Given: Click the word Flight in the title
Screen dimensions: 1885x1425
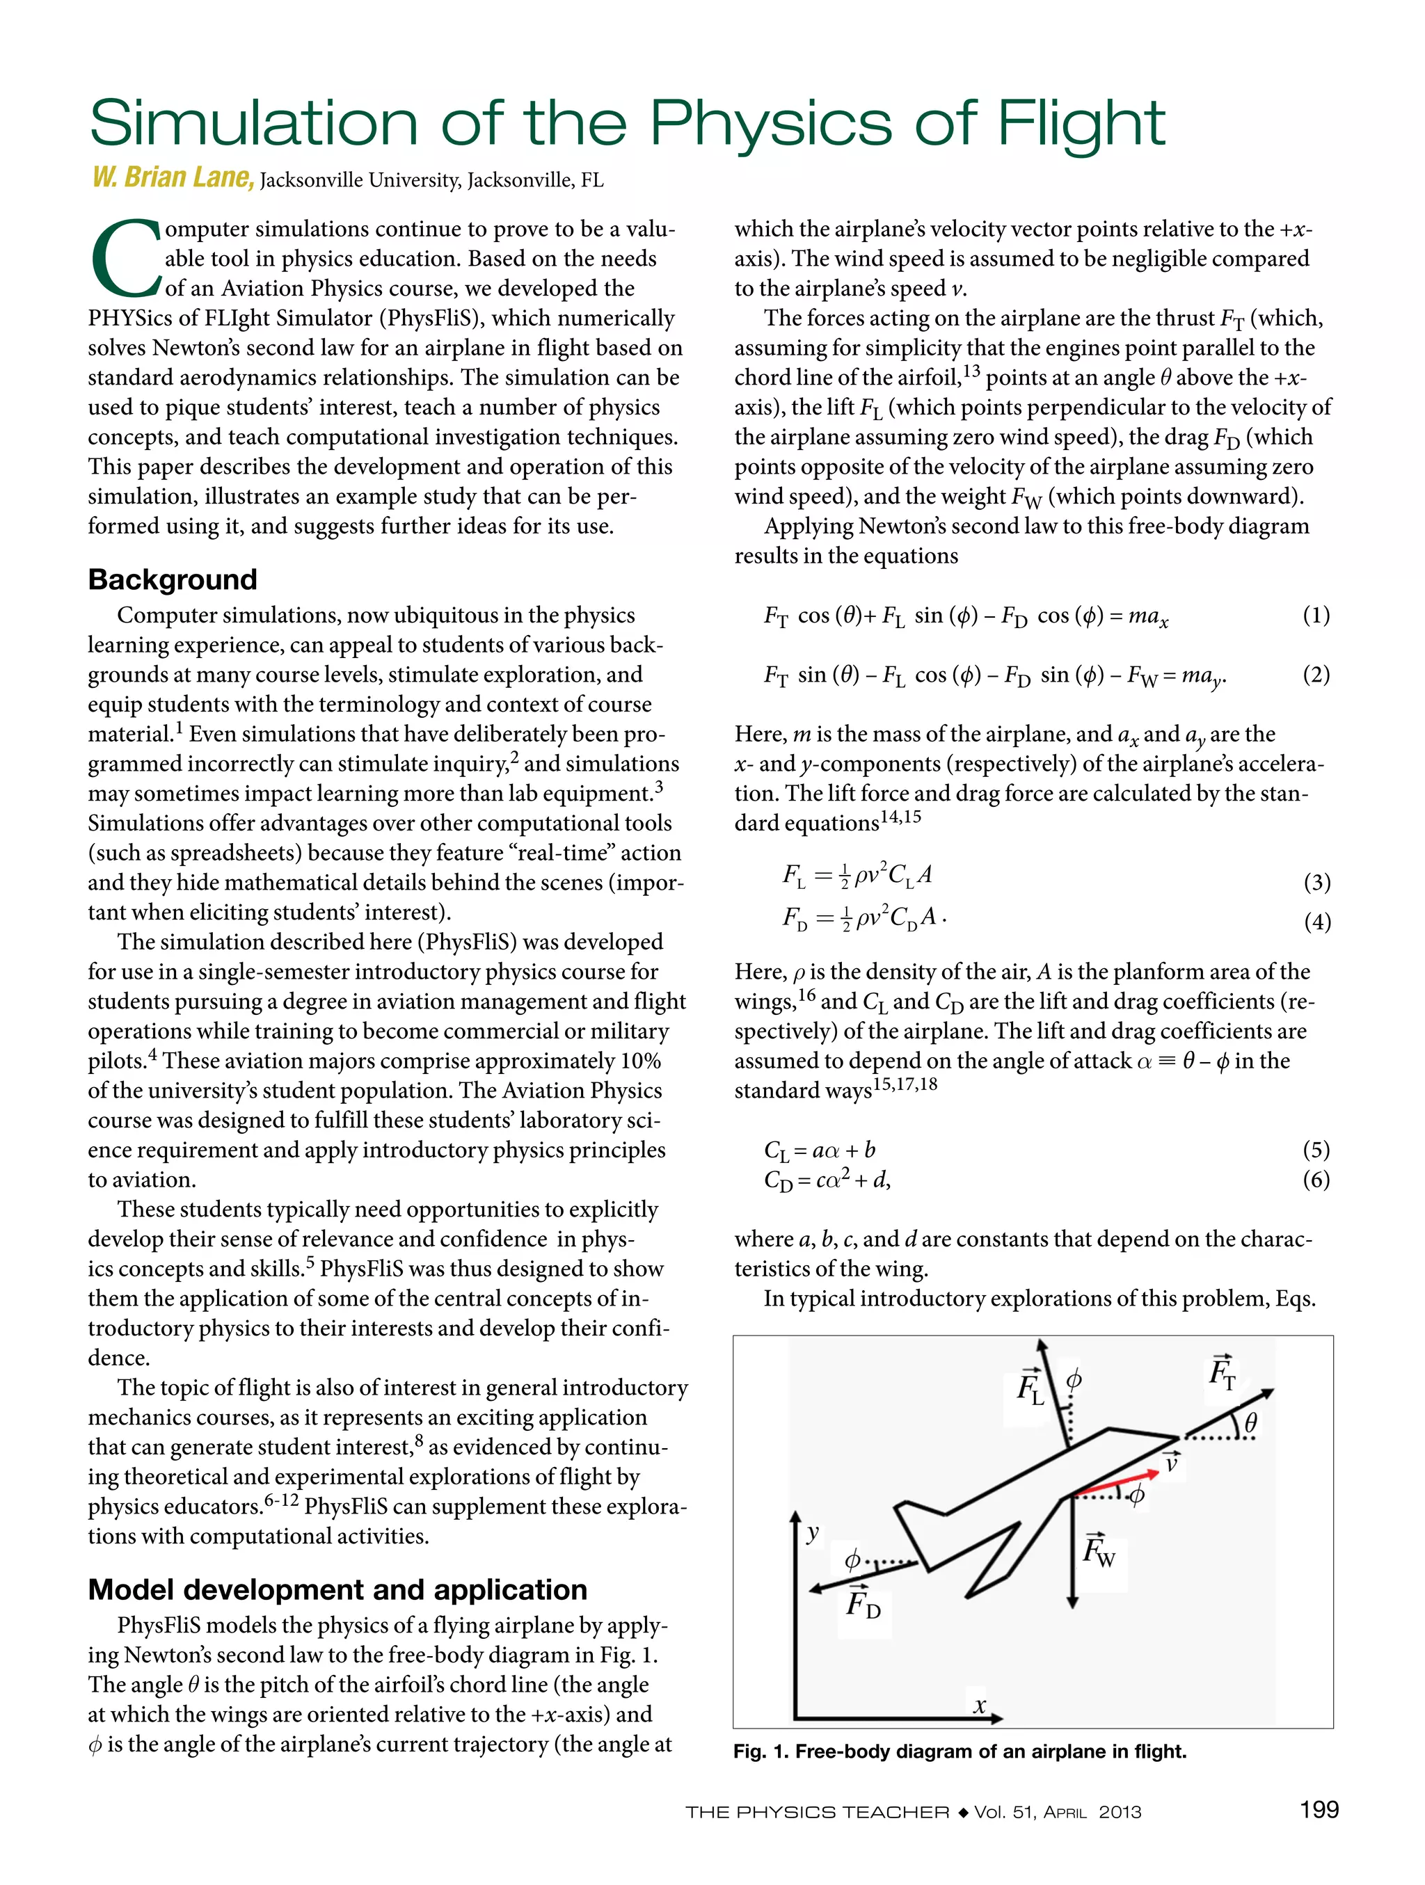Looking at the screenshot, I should click(x=1080, y=125).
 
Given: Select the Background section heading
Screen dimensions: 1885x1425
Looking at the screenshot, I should click(x=172, y=579).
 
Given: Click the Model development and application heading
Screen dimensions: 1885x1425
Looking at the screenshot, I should click(x=337, y=1589).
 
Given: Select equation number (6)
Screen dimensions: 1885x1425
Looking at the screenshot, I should click(x=1316, y=1180).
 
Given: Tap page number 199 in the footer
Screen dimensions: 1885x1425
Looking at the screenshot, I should click(x=1319, y=1809).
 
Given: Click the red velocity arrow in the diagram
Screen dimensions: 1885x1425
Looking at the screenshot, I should click(x=1117, y=1483).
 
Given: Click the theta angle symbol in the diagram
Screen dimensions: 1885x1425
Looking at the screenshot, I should click(x=1250, y=1422).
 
